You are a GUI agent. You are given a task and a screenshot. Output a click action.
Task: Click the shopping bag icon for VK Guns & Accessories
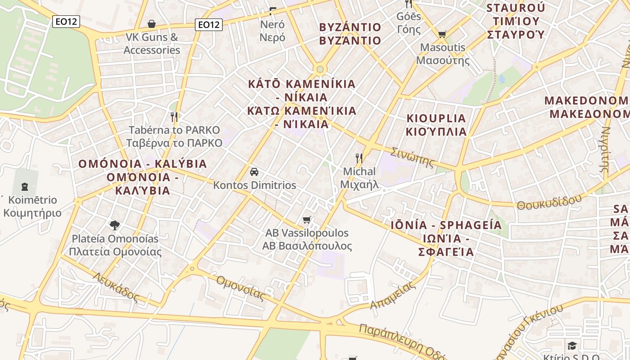tap(152, 24)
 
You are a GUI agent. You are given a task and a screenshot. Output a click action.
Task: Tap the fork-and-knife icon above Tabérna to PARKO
tap(174, 117)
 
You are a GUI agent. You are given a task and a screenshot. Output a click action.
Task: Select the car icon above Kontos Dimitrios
tap(254, 172)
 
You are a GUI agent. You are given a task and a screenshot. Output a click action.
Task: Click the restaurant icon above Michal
tap(359, 158)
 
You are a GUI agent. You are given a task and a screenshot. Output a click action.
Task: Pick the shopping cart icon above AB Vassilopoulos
tap(307, 220)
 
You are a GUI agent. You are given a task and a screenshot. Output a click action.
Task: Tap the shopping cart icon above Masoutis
tap(442, 34)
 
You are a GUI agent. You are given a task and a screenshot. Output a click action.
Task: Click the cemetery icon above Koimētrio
tap(24, 186)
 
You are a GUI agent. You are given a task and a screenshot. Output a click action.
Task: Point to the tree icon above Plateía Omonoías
tap(115, 225)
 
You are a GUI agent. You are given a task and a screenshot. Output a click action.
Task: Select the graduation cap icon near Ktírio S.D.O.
tap(572, 346)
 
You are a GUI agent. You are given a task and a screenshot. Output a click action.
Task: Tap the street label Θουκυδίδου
tap(549, 202)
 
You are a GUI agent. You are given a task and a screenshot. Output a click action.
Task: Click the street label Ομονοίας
tap(240, 287)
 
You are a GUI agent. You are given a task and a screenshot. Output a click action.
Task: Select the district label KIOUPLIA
tap(436, 118)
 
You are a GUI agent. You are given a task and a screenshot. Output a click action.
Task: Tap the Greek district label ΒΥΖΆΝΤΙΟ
tap(350, 40)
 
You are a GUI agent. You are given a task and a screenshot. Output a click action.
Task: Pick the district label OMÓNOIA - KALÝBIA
tap(143, 164)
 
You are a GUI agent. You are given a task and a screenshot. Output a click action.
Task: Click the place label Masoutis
tap(443, 47)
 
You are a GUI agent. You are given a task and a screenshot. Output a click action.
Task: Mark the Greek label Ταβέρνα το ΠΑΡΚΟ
tap(175, 143)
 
